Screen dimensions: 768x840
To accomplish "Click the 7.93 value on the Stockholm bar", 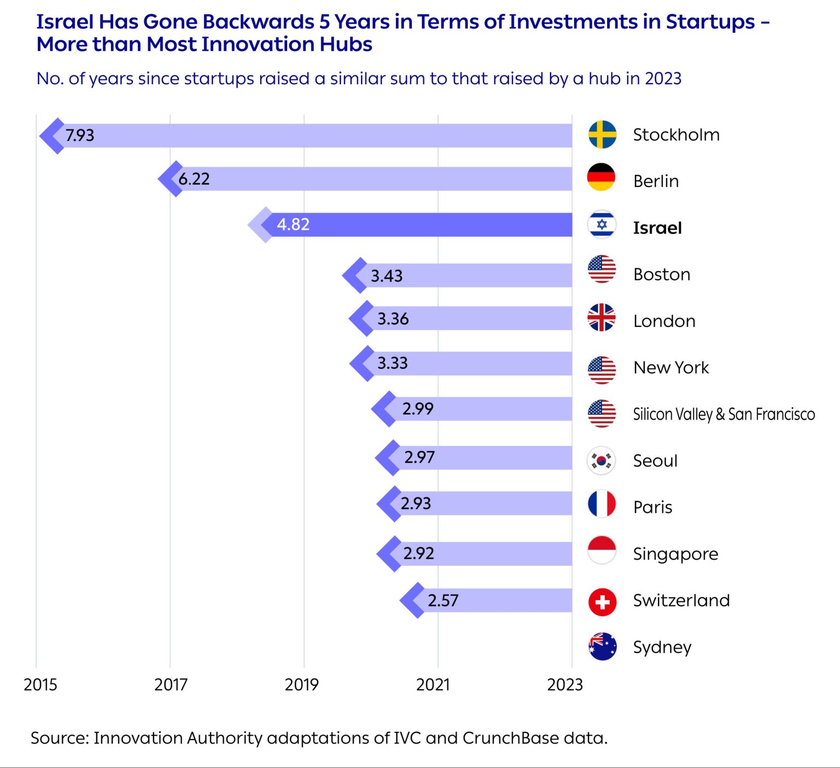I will tap(80, 135).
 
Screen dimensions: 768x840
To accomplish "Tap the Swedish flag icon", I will tap(602, 134).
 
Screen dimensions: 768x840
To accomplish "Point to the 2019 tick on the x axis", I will tap(301, 684).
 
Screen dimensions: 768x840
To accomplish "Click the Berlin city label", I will tap(656, 181).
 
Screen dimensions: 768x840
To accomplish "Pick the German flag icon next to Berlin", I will tap(601, 177).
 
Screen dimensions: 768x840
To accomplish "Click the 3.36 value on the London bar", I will tap(393, 319).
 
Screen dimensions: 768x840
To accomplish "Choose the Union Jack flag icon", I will tap(602, 317).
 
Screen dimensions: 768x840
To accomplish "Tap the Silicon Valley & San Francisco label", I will tap(724, 414).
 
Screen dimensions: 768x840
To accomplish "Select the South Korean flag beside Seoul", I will tap(601, 460).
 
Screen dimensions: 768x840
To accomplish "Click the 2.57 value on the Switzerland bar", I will tap(443, 601).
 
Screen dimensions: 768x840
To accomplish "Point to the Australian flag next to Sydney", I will tap(602, 646).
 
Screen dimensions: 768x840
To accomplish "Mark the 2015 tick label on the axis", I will tap(40, 684).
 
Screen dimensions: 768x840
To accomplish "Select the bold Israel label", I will tap(657, 228).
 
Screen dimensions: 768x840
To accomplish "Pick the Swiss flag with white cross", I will tap(602, 602).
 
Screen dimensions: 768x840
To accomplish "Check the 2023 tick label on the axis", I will tap(565, 684).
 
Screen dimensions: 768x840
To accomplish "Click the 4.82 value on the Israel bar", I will tap(293, 225).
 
